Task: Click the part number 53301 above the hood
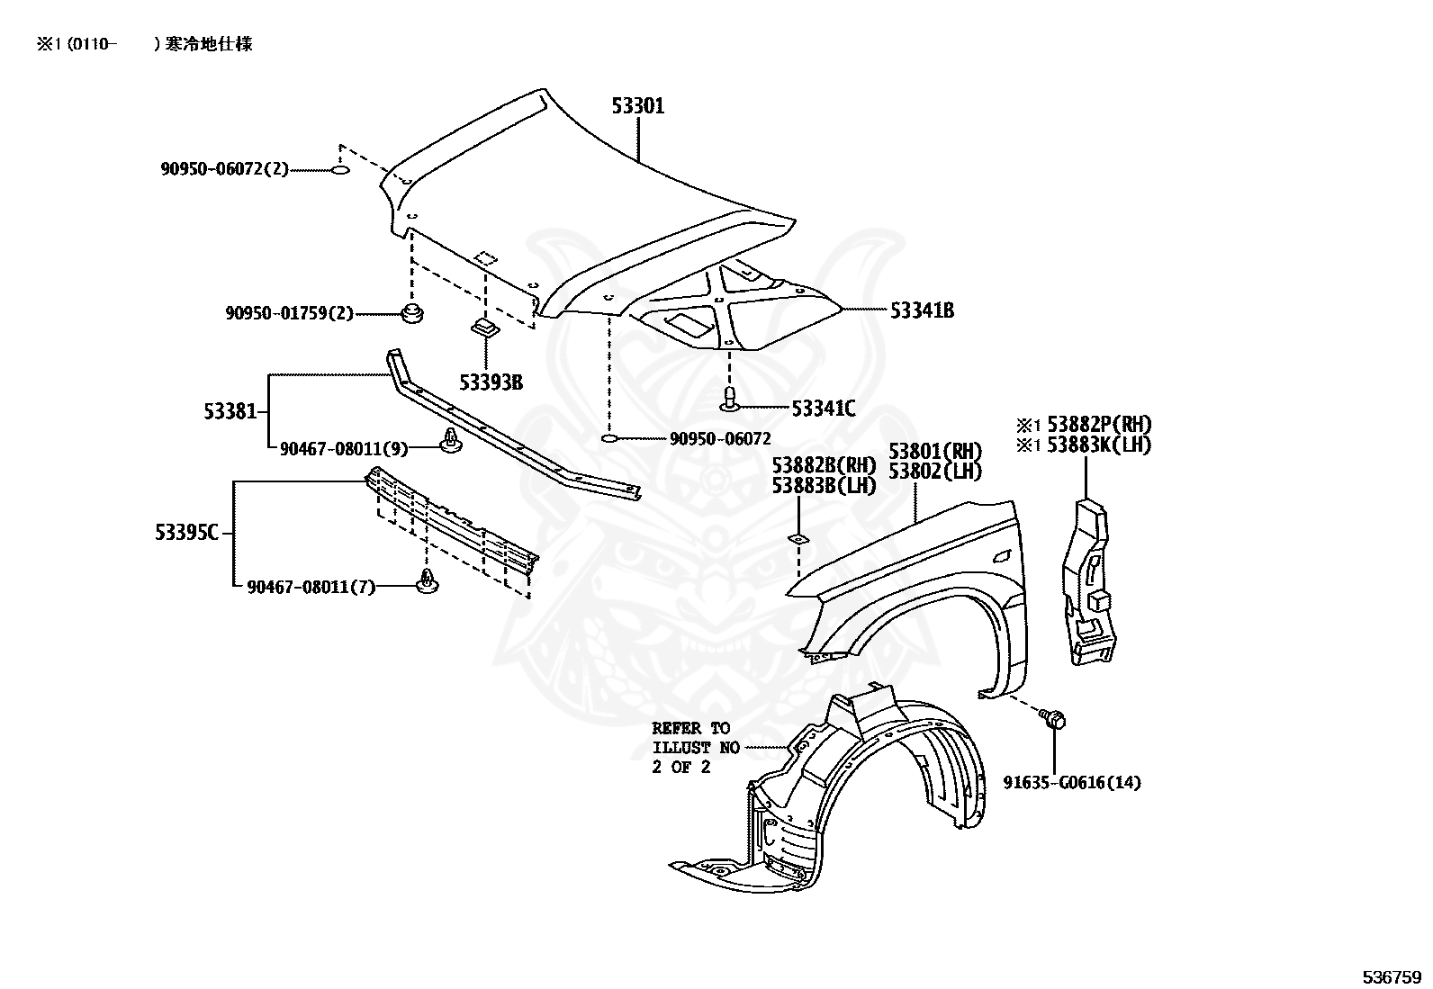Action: [x=638, y=106]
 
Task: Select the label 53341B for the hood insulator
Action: [x=922, y=310]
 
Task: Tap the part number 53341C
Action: [x=824, y=409]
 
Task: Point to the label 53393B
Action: [x=491, y=382]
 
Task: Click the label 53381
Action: [x=230, y=411]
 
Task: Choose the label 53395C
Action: [x=187, y=532]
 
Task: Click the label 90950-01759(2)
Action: [x=289, y=313]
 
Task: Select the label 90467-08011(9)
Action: [x=344, y=449]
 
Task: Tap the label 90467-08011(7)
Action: [x=311, y=588]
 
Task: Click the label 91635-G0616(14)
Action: [x=1072, y=782]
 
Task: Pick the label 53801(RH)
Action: [x=934, y=451]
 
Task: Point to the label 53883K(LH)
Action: [x=1098, y=445]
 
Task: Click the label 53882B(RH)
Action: [x=824, y=465]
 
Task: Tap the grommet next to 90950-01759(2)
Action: [x=412, y=313]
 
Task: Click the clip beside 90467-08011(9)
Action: [x=450, y=440]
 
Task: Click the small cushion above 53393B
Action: [x=485, y=328]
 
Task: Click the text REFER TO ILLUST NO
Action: [x=696, y=738]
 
